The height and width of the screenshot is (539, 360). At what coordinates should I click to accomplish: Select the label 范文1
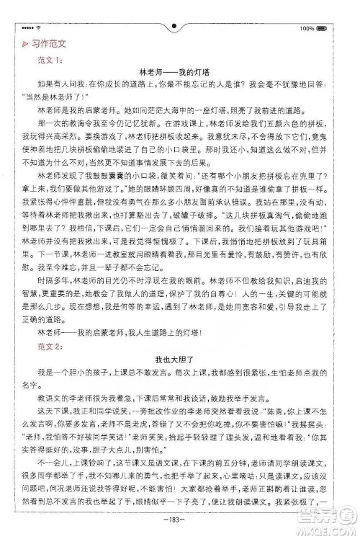(x=49, y=59)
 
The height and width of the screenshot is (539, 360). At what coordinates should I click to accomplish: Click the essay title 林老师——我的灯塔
(x=176, y=72)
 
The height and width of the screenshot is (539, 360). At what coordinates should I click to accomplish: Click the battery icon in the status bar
(x=323, y=29)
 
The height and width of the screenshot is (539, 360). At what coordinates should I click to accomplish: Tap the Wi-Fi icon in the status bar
(x=38, y=29)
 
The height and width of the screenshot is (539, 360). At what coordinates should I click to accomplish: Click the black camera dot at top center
(x=175, y=27)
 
